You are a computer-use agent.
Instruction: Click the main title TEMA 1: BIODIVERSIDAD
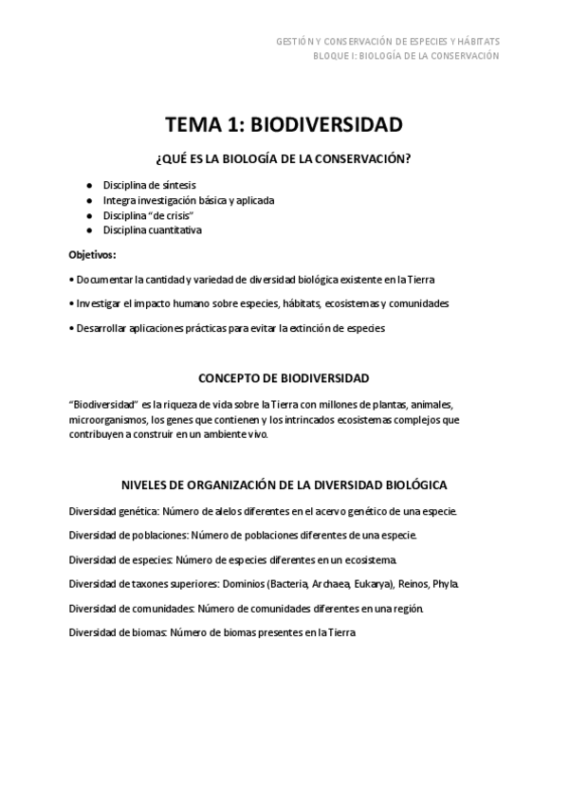[284, 125]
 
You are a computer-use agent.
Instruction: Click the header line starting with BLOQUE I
[406, 56]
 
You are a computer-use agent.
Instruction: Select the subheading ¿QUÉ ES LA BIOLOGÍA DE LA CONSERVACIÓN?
[284, 158]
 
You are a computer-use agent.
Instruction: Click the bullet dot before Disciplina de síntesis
[88, 185]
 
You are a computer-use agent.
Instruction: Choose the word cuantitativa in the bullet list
[174, 230]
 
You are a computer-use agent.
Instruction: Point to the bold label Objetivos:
[93, 255]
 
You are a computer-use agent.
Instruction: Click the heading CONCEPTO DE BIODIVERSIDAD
[284, 377]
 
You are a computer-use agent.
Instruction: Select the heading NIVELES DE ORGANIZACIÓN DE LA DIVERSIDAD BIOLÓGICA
[284, 484]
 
